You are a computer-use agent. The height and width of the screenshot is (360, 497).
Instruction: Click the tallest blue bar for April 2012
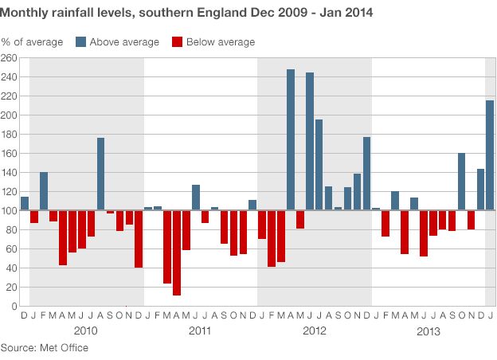pyautogui.click(x=291, y=139)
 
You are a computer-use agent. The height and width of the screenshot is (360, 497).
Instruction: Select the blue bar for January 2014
pyautogui.click(x=490, y=155)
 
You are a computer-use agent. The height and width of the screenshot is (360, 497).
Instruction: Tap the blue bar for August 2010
pyautogui.click(x=101, y=174)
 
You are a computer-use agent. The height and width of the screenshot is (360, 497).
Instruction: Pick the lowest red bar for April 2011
pyautogui.click(x=176, y=252)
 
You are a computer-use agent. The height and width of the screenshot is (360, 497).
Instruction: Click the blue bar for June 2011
pyautogui.click(x=196, y=198)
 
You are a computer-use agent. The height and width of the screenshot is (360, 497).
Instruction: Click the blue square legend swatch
pyautogui.click(x=81, y=41)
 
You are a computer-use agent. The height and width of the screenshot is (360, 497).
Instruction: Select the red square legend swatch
pyautogui.click(x=177, y=41)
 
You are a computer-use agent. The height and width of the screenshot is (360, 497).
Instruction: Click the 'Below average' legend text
pyautogui.click(x=221, y=41)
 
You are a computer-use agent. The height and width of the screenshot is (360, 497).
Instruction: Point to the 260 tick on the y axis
pyautogui.click(x=9, y=58)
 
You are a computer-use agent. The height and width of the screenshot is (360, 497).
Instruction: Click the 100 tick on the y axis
pyautogui.click(x=9, y=211)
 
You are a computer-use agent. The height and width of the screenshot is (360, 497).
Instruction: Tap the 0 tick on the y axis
pyautogui.click(x=14, y=307)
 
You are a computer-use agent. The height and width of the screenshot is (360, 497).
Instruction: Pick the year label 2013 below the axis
pyautogui.click(x=428, y=331)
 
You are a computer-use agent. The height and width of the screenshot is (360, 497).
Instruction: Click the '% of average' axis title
pyautogui.click(x=31, y=41)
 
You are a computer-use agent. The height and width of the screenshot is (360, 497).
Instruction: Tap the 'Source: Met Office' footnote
pyautogui.click(x=45, y=348)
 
